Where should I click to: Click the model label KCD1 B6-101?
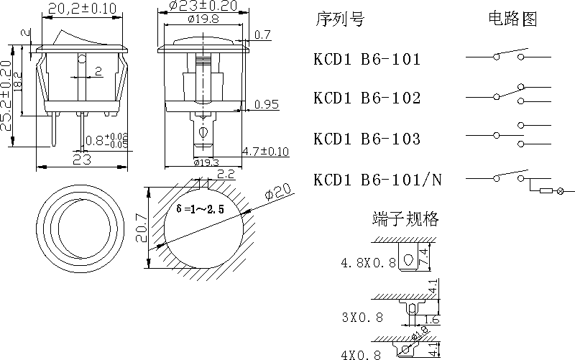367,59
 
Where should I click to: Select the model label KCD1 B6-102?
367,98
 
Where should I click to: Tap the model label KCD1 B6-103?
367,139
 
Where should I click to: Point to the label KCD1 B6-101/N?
377,180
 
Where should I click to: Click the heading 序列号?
339,19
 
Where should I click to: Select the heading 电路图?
512,19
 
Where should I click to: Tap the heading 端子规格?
406,219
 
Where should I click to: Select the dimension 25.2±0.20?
6,96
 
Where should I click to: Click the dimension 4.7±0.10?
265,151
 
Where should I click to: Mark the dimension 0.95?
267,105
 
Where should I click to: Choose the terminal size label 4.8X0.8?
368,263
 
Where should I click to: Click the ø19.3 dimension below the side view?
207,162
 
